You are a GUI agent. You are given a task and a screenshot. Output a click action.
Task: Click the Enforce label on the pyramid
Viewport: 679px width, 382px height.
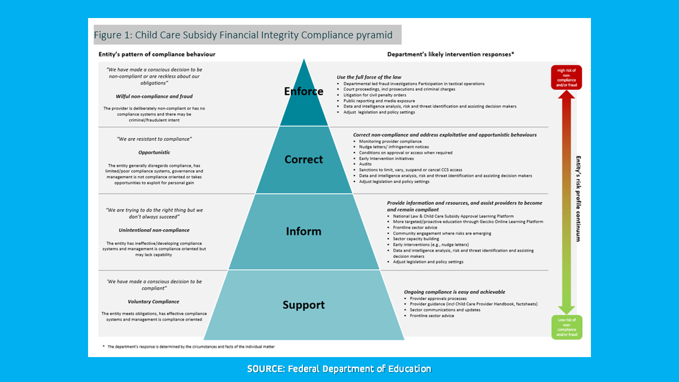click(x=303, y=91)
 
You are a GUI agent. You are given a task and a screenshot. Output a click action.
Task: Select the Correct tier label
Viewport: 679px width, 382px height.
click(x=303, y=159)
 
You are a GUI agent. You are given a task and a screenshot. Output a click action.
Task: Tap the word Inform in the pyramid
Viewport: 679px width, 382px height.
click(x=303, y=231)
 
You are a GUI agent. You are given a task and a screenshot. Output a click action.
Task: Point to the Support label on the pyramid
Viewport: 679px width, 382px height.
click(x=303, y=305)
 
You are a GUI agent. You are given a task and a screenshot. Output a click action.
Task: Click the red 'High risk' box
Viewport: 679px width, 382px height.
click(x=566, y=77)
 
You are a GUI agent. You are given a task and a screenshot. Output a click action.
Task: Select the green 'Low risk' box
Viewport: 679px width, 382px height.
click(x=566, y=327)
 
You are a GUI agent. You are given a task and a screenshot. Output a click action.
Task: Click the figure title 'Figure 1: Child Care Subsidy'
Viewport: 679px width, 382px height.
click(x=243, y=35)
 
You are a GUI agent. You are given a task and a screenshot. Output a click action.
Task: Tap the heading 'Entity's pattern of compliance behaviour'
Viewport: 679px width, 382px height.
click(x=157, y=54)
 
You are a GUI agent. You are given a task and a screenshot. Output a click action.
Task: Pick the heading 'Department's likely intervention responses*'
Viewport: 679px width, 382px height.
click(x=450, y=54)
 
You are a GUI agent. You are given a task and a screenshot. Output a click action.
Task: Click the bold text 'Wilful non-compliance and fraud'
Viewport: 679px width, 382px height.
click(x=154, y=96)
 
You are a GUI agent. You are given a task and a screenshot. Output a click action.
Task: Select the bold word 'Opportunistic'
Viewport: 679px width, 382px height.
click(x=154, y=152)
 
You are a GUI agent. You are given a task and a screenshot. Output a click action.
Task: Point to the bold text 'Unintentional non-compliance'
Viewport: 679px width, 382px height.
click(x=154, y=230)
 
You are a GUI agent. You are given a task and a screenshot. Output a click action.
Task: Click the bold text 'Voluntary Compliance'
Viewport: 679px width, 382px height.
click(x=154, y=301)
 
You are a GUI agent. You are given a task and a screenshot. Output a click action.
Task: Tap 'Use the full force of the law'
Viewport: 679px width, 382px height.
click(x=369, y=77)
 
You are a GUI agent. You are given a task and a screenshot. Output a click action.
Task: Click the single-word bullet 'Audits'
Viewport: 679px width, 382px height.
click(x=365, y=164)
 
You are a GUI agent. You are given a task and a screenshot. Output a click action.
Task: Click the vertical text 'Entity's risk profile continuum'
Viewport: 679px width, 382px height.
click(x=578, y=198)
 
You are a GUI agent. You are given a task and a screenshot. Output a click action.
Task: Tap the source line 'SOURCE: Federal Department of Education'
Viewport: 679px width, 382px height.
click(x=339, y=369)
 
